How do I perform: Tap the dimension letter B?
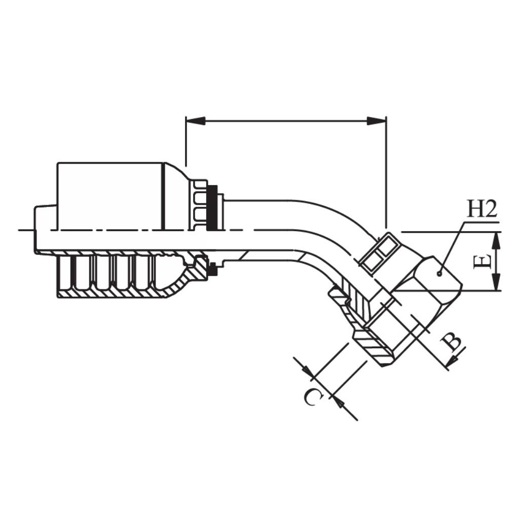452,342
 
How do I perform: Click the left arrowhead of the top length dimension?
196,121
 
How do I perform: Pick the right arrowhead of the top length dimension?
377,121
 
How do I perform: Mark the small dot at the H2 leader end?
439,273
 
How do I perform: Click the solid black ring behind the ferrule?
212,207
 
